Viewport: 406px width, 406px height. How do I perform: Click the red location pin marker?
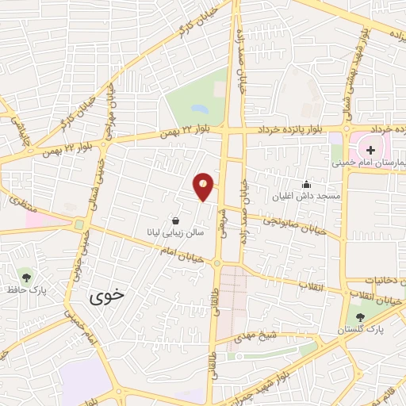(x=204, y=186)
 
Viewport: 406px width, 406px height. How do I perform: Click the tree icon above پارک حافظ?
(x=27, y=277)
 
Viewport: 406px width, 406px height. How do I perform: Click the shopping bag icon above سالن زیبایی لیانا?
(x=175, y=220)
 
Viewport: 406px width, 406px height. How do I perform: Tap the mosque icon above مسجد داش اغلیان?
(x=307, y=185)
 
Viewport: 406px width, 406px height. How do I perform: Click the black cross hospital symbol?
(x=370, y=149)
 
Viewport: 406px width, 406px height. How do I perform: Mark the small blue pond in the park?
(x=197, y=107)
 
